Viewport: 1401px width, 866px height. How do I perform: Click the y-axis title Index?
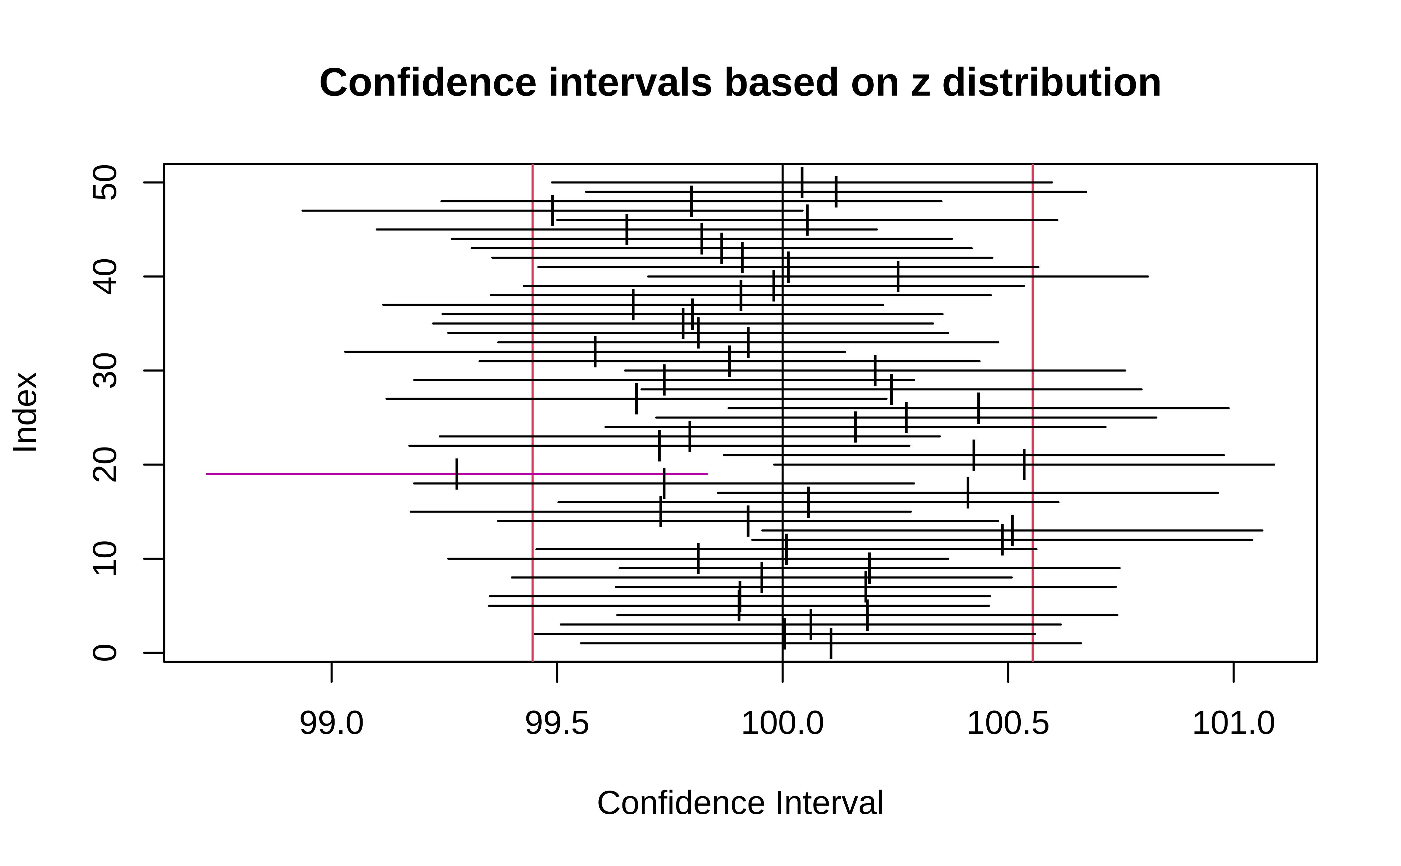click(26, 412)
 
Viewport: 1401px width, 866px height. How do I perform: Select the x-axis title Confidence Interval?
click(740, 803)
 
